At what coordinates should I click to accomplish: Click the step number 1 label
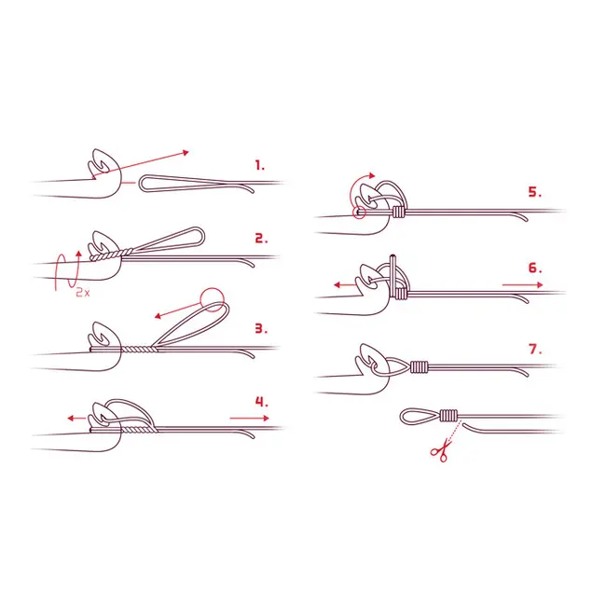point(260,166)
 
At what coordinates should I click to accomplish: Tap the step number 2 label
point(261,239)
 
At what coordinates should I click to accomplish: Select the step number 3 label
point(261,329)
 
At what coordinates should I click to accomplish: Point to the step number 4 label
point(262,402)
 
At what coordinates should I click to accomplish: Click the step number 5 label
point(535,192)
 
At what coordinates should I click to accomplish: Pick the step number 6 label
point(535,268)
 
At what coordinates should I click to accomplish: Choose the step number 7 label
point(535,349)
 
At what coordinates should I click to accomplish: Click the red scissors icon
point(441,450)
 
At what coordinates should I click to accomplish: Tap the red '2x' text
point(82,293)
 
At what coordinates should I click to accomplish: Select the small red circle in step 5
point(360,213)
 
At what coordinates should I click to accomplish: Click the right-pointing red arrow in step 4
point(249,418)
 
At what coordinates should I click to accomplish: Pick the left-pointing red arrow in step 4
point(76,418)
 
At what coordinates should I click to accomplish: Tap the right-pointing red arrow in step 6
point(522,285)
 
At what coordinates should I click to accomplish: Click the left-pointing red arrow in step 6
point(345,285)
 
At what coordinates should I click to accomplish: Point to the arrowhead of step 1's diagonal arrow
point(186,153)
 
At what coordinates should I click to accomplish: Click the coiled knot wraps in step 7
point(420,366)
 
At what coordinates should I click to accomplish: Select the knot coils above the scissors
point(448,416)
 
